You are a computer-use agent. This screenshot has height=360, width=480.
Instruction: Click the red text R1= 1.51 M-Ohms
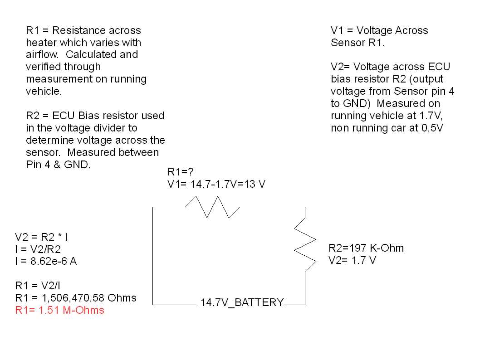(59, 310)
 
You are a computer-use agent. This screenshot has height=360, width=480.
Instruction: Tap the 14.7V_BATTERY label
(242, 302)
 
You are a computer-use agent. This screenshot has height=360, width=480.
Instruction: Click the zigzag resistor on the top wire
(212, 207)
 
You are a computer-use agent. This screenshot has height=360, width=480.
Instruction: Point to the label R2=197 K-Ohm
(366, 248)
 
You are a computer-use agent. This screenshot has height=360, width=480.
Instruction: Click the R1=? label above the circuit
(181, 172)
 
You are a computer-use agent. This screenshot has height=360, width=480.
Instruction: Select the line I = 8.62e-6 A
(46, 262)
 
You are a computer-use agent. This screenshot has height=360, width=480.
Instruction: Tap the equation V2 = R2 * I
(42, 237)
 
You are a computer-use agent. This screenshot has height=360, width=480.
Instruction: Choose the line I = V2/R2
(39, 249)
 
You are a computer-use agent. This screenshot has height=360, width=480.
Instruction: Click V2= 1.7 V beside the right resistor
(352, 260)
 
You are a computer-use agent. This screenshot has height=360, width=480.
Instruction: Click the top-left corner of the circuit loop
(153, 207)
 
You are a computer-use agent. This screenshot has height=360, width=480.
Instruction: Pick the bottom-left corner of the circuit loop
(153, 304)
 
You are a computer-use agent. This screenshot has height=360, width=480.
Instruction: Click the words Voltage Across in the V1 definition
(392, 31)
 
